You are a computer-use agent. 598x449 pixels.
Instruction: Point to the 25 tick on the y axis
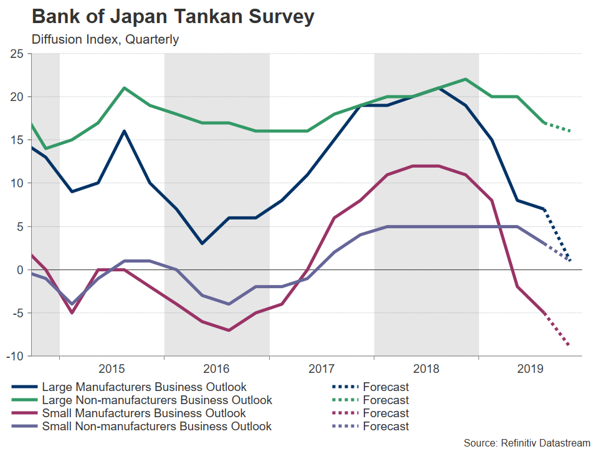tap(17, 54)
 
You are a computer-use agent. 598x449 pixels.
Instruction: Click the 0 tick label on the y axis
tap(20, 269)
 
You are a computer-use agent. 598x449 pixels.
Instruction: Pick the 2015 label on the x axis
tap(112, 368)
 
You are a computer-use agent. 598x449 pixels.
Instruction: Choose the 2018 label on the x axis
tap(427, 368)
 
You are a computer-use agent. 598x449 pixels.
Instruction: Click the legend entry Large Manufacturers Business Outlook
tap(144, 387)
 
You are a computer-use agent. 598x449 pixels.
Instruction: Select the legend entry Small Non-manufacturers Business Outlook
tap(156, 427)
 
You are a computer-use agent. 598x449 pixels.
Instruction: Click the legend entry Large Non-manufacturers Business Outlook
tap(156, 400)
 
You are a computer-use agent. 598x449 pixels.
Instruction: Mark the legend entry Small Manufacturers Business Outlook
tap(143, 413)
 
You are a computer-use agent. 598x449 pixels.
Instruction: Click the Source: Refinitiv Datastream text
tap(526, 442)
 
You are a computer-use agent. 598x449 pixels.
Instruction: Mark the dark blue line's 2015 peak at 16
tap(125, 132)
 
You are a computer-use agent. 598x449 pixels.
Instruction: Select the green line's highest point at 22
tap(465, 79)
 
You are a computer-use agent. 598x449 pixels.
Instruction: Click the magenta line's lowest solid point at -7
tap(229, 330)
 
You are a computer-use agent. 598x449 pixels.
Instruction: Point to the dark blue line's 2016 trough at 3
tap(202, 243)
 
